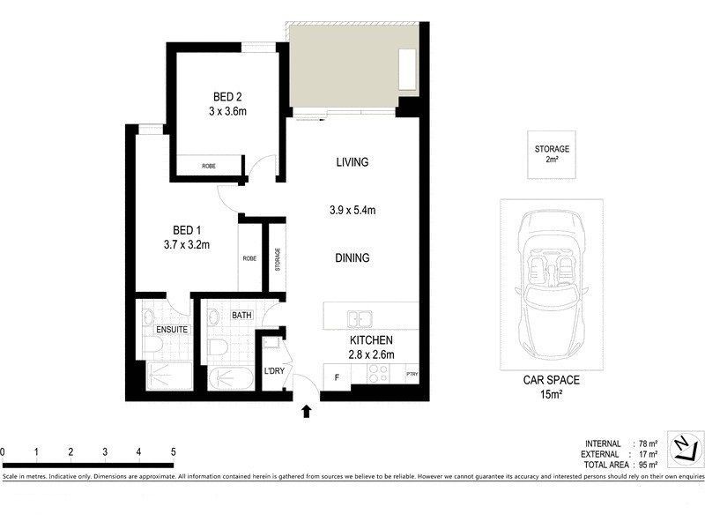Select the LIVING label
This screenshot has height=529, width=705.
(x=352, y=162)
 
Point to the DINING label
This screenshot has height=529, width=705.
(x=352, y=258)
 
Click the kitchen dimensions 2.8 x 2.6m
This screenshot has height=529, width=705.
(x=369, y=354)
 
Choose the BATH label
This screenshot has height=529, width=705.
(x=241, y=315)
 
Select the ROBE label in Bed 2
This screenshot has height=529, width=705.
(x=209, y=166)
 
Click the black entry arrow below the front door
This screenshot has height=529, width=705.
(x=307, y=410)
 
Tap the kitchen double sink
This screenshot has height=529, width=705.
(x=360, y=317)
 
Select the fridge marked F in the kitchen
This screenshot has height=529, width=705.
(x=336, y=376)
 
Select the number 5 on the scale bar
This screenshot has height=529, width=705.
(x=174, y=451)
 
